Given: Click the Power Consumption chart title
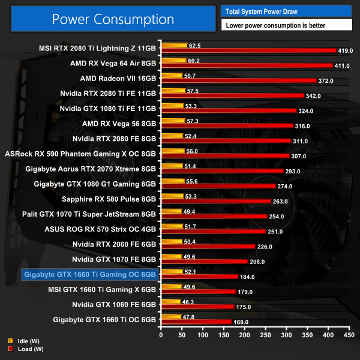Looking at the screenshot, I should coord(113,19).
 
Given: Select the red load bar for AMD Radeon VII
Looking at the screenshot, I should coord(238,80).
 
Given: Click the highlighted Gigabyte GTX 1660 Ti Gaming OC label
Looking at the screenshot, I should coord(91,275).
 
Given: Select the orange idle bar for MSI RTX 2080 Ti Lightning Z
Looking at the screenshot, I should coord(174,45).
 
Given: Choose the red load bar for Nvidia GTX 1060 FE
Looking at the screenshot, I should coord(197,306).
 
